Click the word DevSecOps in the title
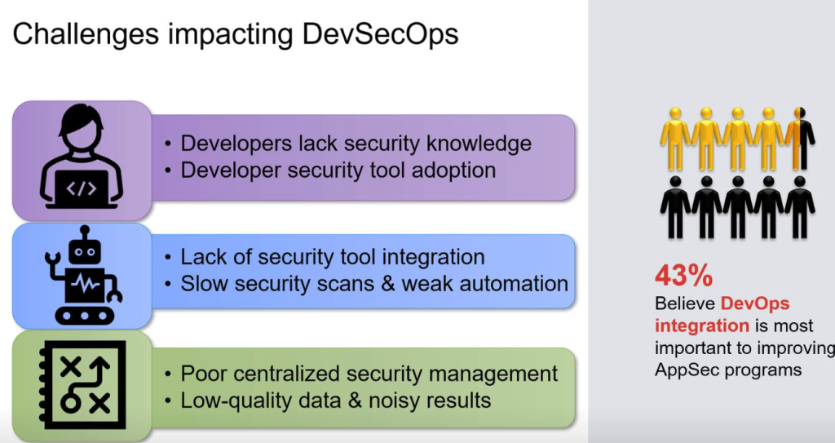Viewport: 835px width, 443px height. (x=380, y=34)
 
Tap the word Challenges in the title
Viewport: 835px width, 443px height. (x=85, y=35)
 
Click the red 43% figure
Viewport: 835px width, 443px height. (x=683, y=276)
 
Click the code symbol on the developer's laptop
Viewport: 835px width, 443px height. (x=82, y=188)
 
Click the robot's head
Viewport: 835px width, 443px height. (x=84, y=250)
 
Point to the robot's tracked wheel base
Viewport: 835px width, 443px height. (x=84, y=316)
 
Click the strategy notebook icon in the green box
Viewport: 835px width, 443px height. (x=82, y=384)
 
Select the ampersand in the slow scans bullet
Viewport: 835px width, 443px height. (x=388, y=284)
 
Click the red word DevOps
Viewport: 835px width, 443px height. (x=754, y=303)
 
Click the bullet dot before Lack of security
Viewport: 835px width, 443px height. (x=168, y=258)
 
